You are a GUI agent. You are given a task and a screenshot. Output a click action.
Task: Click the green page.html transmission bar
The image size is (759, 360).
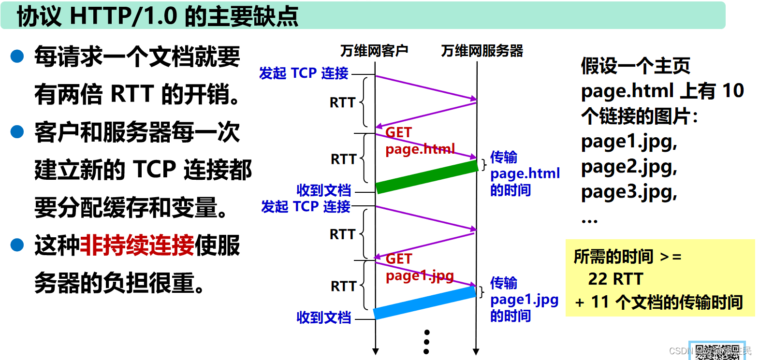point(427,177)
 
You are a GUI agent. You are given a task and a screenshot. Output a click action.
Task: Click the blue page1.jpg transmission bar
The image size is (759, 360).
point(424,303)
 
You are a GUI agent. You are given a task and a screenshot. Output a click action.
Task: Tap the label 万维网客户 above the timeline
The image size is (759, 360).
point(374,51)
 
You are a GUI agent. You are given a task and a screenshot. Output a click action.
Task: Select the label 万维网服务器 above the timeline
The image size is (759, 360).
point(482,51)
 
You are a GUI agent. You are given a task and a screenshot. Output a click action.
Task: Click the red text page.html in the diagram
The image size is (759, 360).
point(420,149)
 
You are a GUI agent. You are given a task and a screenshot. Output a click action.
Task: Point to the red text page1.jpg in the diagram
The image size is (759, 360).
point(420,275)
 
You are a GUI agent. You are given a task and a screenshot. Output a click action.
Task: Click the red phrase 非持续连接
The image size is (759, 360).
point(137,245)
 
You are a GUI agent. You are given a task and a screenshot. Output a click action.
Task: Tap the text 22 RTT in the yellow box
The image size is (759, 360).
point(615,279)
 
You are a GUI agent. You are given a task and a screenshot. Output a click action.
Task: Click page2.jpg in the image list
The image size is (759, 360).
point(628,167)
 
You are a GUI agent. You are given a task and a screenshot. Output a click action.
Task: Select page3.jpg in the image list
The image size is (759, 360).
point(628,192)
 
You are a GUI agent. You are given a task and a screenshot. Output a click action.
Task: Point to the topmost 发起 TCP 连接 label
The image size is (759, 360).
point(304,73)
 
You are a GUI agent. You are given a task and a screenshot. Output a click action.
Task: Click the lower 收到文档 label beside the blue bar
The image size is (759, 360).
point(323,317)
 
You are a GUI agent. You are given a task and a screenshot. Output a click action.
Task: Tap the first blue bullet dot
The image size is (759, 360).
point(17,57)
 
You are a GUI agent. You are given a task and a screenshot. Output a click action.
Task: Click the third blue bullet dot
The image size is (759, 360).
point(17,245)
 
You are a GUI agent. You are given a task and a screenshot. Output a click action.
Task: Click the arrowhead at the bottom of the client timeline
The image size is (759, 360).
point(376,352)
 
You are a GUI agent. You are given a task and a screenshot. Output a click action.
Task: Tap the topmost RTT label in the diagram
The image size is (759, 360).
point(342,102)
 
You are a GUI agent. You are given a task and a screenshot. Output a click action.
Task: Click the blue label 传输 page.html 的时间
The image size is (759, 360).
point(525,173)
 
